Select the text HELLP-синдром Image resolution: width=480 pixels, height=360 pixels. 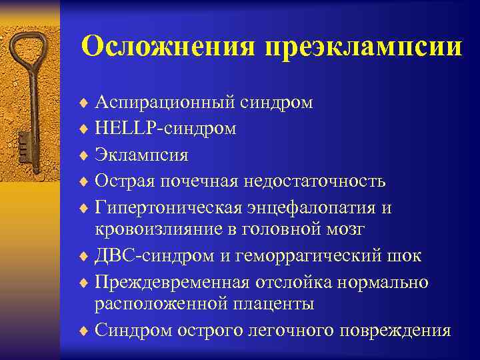pos(165,129)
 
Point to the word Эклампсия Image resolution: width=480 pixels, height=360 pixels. pos(141,155)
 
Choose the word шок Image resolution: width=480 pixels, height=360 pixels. pos(406,255)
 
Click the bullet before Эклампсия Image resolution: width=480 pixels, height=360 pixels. pos(84,155)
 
